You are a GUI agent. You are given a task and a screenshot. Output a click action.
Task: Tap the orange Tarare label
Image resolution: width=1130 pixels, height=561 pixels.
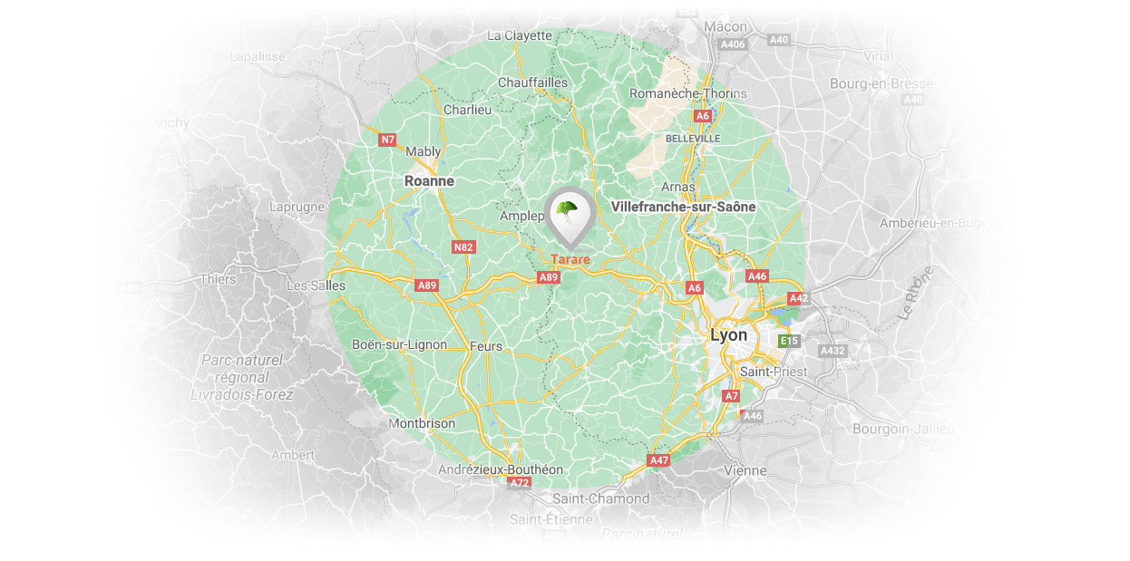coord(570,259)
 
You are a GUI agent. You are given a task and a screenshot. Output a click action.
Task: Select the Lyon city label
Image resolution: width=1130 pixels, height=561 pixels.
coord(729,335)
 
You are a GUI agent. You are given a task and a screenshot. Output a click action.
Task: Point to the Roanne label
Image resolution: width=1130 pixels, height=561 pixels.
coord(429,181)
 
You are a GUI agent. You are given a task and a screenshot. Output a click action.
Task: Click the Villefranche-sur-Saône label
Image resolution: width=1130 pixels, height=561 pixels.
coord(684,207)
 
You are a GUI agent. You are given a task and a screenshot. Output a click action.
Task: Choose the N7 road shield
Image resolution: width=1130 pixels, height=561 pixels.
coord(388,140)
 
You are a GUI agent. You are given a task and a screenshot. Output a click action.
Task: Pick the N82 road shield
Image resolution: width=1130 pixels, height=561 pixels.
coord(463,247)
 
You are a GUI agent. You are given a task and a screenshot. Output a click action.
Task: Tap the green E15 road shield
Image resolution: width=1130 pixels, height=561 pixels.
coord(789,341)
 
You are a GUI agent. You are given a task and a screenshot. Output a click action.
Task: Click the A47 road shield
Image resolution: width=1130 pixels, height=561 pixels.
coord(659,460)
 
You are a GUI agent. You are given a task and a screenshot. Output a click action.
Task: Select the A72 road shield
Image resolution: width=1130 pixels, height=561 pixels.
coord(519,483)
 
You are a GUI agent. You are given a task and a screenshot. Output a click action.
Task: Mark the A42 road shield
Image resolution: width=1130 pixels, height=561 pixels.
coord(798,298)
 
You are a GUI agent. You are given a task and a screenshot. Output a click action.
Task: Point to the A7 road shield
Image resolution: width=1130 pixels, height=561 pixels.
coord(731,396)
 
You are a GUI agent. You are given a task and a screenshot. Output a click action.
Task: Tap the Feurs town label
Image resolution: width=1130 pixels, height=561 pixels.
coord(486,346)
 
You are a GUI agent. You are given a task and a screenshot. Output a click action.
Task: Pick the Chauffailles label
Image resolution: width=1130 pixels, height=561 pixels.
coord(533,82)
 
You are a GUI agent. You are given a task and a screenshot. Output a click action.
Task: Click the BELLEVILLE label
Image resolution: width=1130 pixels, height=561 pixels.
coord(693,139)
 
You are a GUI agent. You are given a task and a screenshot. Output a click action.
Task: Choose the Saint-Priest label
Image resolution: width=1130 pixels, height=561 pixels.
coord(774,372)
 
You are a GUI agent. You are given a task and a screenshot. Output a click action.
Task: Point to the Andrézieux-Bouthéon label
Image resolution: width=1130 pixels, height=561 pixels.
coord(501,469)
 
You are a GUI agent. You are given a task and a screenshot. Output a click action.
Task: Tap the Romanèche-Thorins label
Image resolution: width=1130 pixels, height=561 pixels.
coord(688,93)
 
